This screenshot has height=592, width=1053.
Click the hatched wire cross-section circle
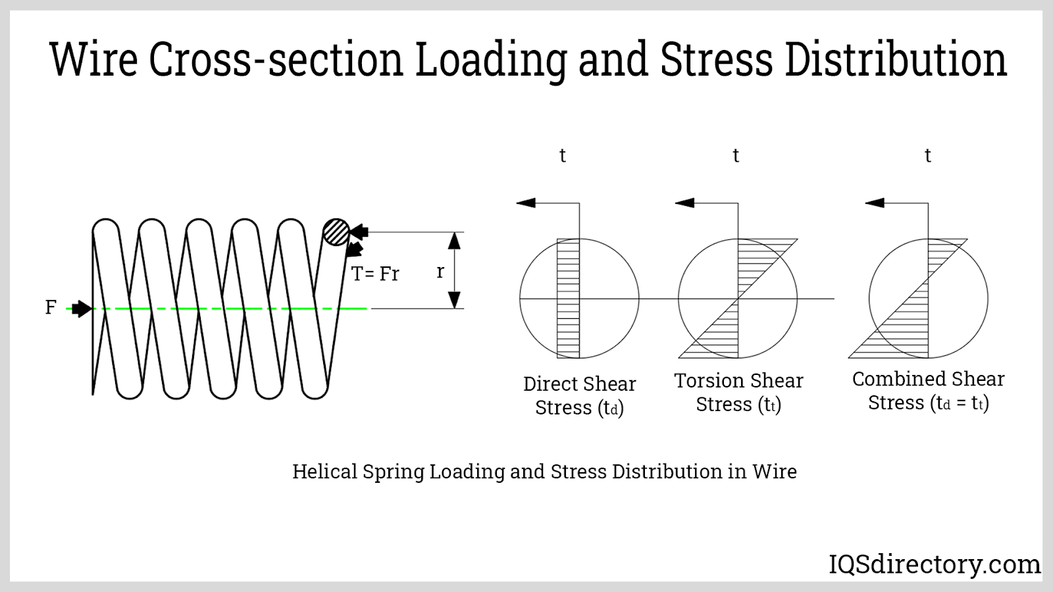[x=336, y=232]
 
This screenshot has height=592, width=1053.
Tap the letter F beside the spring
[x=51, y=307]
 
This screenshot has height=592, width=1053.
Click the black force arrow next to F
[x=82, y=308]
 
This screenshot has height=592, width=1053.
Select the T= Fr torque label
[x=375, y=274]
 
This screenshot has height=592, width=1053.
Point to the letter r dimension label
[x=440, y=271]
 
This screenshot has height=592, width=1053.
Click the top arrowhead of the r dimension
[x=454, y=241]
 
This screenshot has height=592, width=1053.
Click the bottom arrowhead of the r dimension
[x=454, y=300]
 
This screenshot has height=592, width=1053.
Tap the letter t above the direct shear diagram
[x=563, y=156]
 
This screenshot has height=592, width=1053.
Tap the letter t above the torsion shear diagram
[x=736, y=156]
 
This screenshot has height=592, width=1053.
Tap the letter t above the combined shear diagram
[x=928, y=156]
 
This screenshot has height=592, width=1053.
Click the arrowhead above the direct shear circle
[x=526, y=203]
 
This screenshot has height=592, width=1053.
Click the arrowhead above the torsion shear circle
[x=685, y=203]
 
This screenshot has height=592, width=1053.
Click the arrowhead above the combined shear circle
[x=875, y=203]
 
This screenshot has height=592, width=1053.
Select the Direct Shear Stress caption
[x=579, y=396]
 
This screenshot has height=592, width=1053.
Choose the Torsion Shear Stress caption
[x=738, y=393]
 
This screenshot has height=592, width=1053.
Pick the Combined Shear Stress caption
[x=928, y=391]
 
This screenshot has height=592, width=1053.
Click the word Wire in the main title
[x=94, y=59]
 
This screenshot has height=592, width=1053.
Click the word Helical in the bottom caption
[x=325, y=472]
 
